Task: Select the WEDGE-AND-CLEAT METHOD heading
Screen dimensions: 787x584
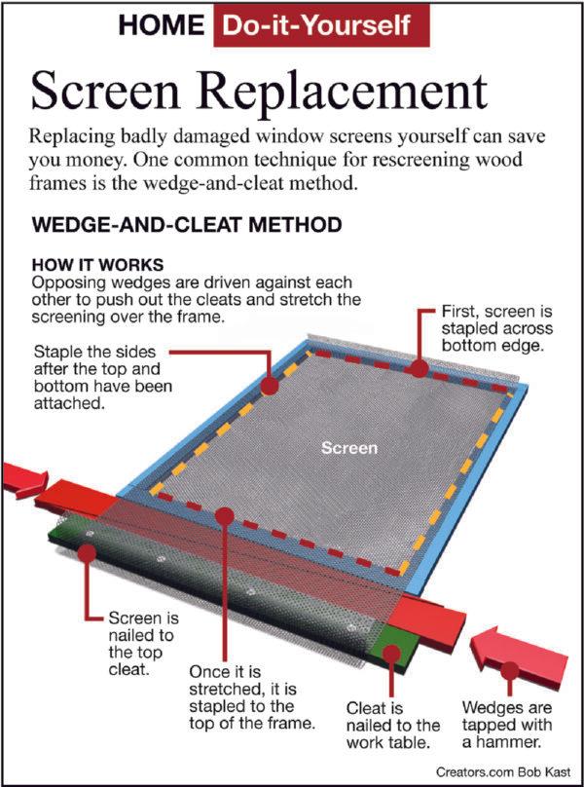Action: [x=187, y=226]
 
